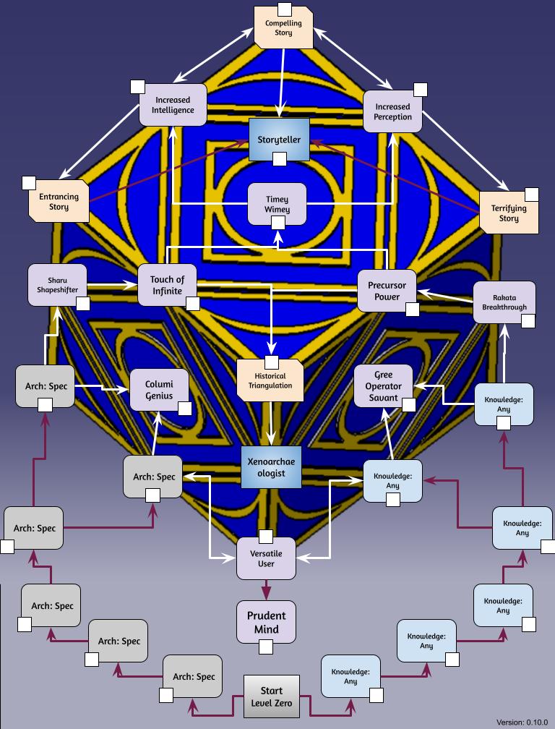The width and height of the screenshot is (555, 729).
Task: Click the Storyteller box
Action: point(279,140)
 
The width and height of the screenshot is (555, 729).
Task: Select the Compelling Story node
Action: point(283,27)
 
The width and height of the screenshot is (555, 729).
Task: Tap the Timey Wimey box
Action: point(277,204)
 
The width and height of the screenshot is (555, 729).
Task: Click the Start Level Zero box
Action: point(271,696)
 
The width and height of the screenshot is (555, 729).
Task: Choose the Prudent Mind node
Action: point(266,622)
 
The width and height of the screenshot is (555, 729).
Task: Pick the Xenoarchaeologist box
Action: point(271,467)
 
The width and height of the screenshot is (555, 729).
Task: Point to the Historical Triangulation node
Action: point(270,380)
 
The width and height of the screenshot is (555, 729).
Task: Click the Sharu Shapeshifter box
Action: point(58,285)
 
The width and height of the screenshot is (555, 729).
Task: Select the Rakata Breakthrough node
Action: point(504,302)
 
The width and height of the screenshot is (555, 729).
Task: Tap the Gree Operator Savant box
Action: point(384,386)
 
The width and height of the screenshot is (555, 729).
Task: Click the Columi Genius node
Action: point(159,390)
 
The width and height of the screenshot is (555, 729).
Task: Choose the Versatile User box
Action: point(266,558)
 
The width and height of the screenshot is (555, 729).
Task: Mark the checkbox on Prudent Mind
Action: point(266,647)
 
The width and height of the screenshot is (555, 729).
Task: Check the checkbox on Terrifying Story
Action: point(532,195)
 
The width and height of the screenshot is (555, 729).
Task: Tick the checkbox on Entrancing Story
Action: point(29,183)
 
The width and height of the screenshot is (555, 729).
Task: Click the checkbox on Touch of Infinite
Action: point(193,304)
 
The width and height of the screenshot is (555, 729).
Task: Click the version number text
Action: point(522,722)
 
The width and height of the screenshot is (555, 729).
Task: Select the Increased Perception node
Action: point(393,111)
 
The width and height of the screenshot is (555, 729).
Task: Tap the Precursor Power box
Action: point(387,291)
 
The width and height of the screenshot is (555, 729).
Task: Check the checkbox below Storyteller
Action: point(280,159)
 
